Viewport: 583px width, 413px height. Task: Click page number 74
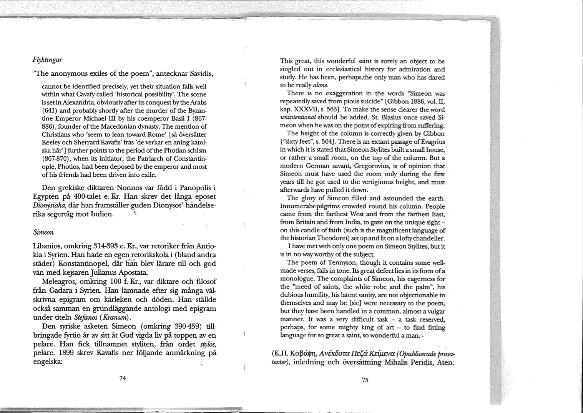[123, 378]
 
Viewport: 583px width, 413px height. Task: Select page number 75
[365, 380]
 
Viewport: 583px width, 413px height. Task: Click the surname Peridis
[419, 362]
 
